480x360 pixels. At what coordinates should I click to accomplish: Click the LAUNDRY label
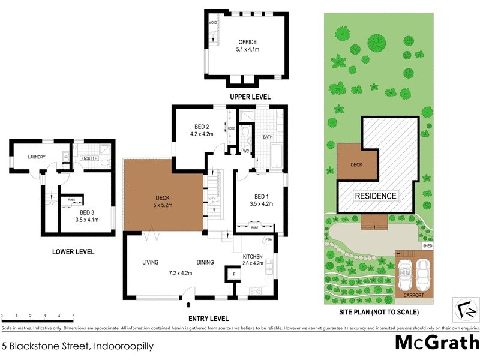(36, 157)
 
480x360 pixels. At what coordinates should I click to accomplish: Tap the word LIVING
(150, 262)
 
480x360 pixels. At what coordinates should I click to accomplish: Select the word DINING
(205, 262)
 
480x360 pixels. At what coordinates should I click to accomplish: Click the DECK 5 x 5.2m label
(146, 199)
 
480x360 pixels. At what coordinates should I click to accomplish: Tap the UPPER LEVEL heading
(250, 97)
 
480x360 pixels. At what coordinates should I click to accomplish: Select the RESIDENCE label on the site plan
(375, 196)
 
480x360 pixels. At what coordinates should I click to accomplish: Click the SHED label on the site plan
(427, 246)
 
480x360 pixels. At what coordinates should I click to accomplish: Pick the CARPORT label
(414, 296)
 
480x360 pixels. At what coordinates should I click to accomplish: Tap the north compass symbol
(465, 308)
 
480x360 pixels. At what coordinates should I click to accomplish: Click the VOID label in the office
(212, 22)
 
